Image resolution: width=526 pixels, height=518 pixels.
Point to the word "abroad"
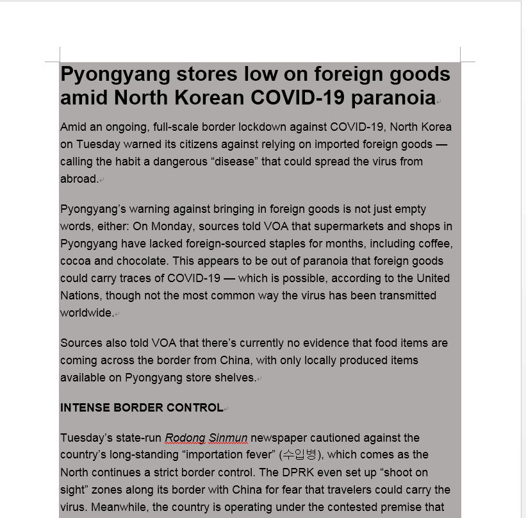tap(79, 179)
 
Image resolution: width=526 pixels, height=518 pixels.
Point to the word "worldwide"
tap(86, 313)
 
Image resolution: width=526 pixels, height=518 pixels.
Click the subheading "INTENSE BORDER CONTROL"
tap(142, 408)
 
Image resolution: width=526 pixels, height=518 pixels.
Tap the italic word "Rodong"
tap(185, 438)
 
